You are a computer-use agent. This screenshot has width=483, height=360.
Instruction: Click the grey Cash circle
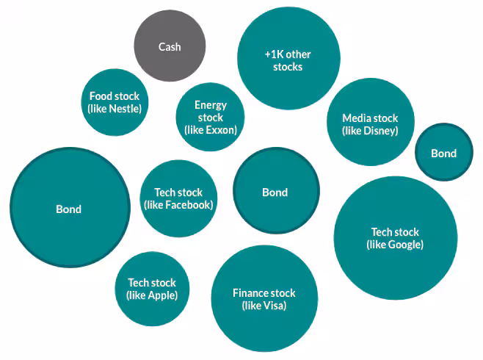[x=170, y=46]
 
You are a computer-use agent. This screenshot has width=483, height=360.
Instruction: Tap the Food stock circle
[x=115, y=103]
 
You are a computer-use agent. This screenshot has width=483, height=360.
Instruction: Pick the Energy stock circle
[x=210, y=118]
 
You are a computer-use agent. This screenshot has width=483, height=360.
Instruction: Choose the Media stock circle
[x=370, y=124]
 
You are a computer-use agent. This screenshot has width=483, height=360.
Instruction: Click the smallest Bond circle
[x=443, y=153]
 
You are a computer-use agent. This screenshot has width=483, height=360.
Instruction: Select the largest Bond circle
[x=68, y=208]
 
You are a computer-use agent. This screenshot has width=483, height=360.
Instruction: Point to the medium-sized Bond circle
[x=275, y=192]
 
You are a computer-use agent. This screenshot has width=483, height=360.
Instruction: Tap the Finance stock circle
[x=264, y=298]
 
